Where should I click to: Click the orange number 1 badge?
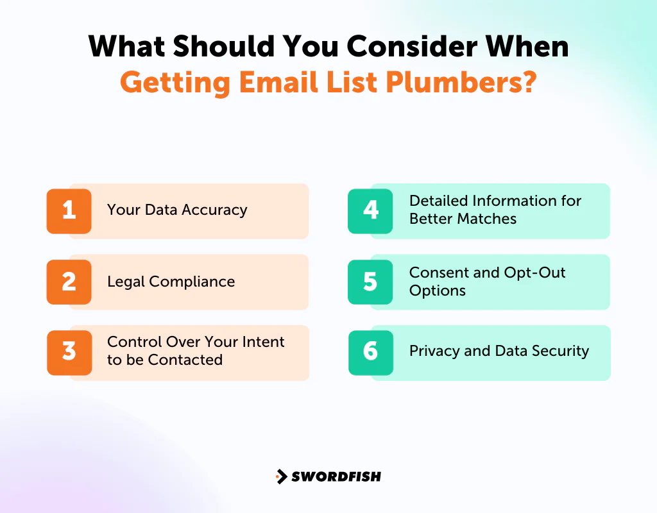[69, 211]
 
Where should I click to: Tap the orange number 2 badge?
[69, 282]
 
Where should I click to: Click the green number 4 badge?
[370, 211]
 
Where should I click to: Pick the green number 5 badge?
[370, 282]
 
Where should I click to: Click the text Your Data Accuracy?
[177, 210]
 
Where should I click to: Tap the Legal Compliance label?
[171, 282]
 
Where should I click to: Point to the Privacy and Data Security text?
[499, 351]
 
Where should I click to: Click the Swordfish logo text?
[336, 476]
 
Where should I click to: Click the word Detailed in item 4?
[438, 201]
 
